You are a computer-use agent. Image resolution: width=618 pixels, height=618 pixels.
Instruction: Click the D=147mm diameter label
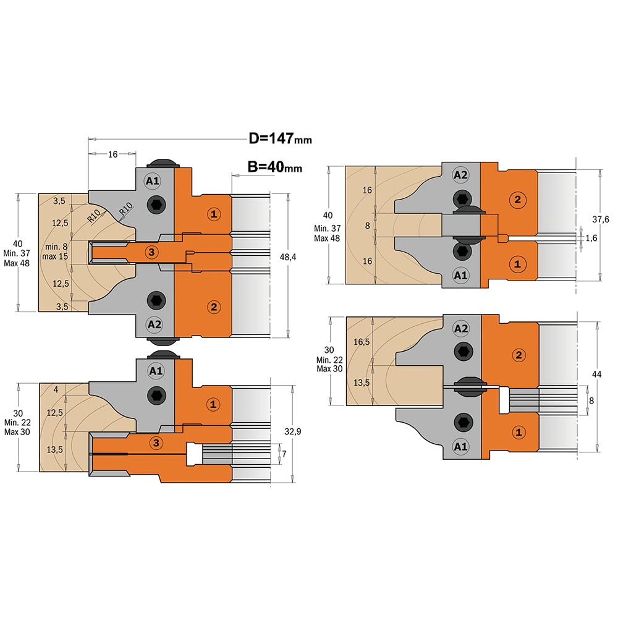coord(280,138)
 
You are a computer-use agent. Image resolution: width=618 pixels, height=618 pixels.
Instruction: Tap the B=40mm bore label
coord(275,167)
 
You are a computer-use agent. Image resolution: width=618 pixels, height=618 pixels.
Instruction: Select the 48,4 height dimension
coord(288,257)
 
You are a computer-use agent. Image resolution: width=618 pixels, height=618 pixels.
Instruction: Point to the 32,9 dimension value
coord(293,431)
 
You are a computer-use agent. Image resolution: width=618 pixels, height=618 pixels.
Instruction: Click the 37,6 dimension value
coord(600,219)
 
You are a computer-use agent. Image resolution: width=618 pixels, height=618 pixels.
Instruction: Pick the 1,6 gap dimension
coord(591,238)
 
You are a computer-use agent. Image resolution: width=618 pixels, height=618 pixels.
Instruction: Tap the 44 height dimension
coord(597,374)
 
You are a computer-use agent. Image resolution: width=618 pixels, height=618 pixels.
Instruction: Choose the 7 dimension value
coord(284,454)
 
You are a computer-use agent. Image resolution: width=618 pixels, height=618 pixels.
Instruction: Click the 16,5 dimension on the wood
coord(362,342)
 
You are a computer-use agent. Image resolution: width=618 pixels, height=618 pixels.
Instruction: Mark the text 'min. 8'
coord(56,247)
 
